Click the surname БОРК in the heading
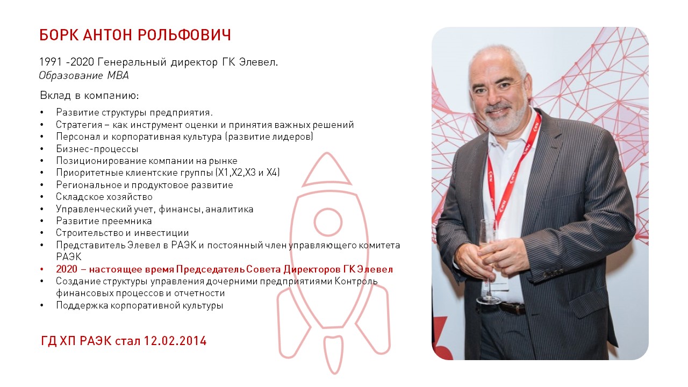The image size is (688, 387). coord(59,35)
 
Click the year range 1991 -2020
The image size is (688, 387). coord(67,62)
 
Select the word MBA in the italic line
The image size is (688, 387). coord(118,75)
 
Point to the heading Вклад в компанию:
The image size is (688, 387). coord(89,96)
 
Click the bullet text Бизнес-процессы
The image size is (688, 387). coord(97,149)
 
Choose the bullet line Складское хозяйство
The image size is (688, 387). coord(104,197)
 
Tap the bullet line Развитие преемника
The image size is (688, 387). coord(104,221)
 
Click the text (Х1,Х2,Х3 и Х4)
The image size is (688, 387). coord(247,173)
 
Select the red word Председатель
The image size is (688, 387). coord(210,269)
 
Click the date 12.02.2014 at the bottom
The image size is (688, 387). coord(175,341)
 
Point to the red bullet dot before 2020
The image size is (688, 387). coord(42,270)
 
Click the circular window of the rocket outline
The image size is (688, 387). coord(328,222)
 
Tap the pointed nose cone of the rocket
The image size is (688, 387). coord(327,169)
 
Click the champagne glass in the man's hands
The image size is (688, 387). coord(488,261)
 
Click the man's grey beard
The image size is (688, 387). coord(504,118)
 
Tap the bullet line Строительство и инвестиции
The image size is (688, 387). coord(122,233)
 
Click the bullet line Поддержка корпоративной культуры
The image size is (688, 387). coord(139,306)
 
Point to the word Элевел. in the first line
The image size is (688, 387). coord(259,62)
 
